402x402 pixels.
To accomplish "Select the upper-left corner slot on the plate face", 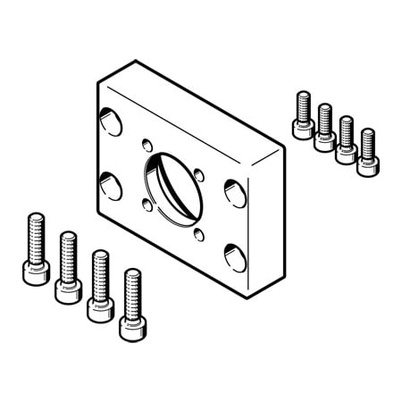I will click(x=112, y=122).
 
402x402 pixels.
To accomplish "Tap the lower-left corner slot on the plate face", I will click(x=112, y=186).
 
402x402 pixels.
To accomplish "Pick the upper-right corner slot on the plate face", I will click(x=235, y=192).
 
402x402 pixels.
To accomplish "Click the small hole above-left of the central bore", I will click(x=147, y=143).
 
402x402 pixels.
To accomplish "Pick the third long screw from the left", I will click(x=99, y=281).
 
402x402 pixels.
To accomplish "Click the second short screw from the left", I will click(x=325, y=126).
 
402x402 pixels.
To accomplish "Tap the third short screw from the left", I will click(x=347, y=138).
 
